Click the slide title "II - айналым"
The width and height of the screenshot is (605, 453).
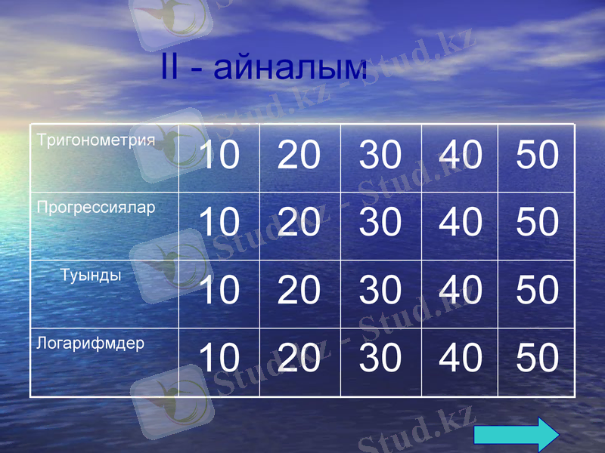click(264, 67)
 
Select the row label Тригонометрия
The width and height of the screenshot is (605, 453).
click(96, 140)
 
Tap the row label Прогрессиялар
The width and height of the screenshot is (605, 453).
click(96, 208)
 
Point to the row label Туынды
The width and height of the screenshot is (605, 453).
click(91, 275)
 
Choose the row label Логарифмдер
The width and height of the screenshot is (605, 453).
click(91, 344)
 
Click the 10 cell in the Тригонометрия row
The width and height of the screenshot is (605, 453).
click(219, 156)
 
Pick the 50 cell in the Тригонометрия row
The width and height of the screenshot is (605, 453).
click(537, 156)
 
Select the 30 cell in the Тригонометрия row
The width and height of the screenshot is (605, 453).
click(380, 156)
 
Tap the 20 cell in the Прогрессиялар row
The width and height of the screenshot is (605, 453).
click(299, 223)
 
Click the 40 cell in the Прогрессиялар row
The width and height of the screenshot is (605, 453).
click(460, 223)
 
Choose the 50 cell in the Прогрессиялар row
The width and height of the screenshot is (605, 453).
click(537, 223)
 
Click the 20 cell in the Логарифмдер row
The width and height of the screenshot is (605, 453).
click(299, 358)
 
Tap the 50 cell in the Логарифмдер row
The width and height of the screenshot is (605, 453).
click(537, 358)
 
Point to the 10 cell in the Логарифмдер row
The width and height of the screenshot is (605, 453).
click(219, 358)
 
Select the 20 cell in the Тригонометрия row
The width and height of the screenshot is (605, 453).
click(299, 156)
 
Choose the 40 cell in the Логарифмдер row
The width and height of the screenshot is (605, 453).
click(460, 358)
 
